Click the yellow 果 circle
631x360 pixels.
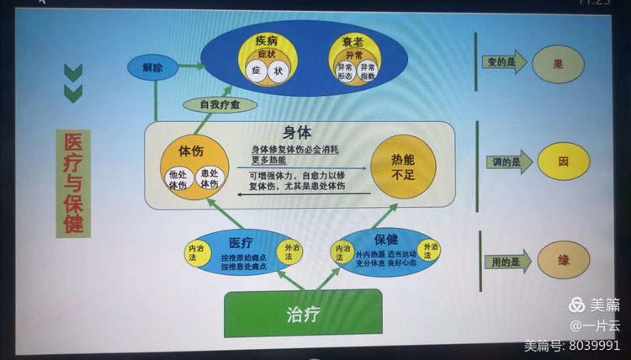tap(557, 64)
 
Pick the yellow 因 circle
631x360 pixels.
tap(563, 161)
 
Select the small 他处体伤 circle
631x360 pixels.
tap(178, 178)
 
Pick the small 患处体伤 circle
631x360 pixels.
tap(209, 178)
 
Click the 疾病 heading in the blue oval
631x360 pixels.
tap(266, 40)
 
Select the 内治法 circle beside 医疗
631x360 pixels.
tap(197, 250)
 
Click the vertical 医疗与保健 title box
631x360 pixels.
tap(73, 183)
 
